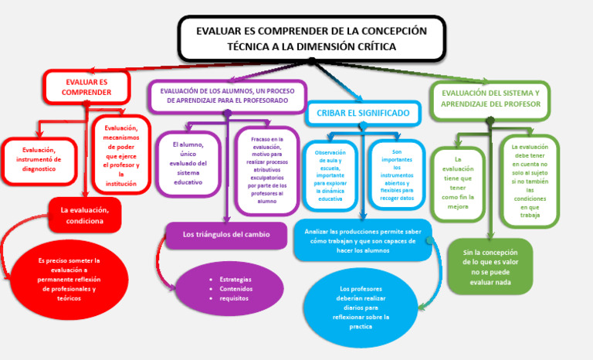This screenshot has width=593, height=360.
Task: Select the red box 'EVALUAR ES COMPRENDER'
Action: pyautogui.click(x=86, y=87)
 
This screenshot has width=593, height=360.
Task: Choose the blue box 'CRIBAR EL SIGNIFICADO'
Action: pyautogui.click(x=363, y=113)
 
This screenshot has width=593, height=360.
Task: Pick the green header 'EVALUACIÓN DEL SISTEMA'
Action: pyautogui.click(x=490, y=98)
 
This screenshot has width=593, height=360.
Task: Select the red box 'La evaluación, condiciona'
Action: pyautogui.click(x=85, y=215)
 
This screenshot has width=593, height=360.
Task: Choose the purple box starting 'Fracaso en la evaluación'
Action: pyautogui.click(x=266, y=170)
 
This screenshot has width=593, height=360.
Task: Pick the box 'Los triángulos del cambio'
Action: pyautogui.click(x=226, y=234)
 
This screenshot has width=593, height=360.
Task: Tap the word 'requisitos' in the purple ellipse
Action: pyautogui.click(x=234, y=298)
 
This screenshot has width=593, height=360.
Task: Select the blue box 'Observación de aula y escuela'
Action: pyautogui.click(x=330, y=175)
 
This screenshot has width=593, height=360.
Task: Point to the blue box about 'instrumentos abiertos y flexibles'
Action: pyautogui.click(x=397, y=174)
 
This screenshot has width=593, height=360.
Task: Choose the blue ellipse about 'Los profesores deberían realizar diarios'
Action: pyautogui.click(x=361, y=307)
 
